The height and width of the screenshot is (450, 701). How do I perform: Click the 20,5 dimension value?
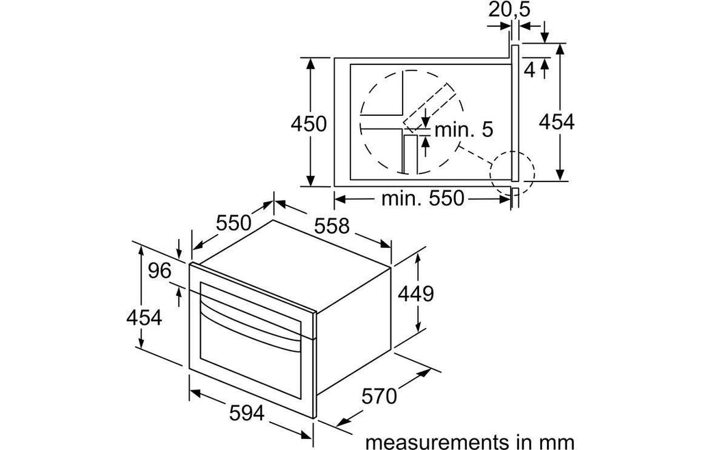[x=509, y=9]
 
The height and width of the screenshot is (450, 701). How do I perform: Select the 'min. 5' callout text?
[x=463, y=129]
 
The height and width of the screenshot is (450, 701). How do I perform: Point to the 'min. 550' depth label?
[x=422, y=198]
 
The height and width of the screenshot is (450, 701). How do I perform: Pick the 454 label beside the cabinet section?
[x=556, y=122]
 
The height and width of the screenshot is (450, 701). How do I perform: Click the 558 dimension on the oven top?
[x=331, y=226]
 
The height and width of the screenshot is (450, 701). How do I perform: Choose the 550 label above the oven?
[x=234, y=223]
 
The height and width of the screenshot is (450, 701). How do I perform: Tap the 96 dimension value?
[x=160, y=271]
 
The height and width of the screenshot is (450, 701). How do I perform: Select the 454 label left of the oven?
[x=144, y=318]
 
